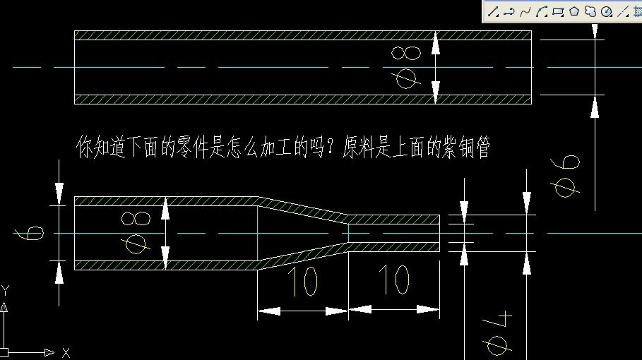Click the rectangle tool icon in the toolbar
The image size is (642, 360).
(558, 11)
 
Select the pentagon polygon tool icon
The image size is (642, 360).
(574, 11)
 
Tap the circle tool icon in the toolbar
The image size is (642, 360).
(607, 11)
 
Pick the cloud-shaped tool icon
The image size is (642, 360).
(590, 11)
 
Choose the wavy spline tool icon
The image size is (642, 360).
(525, 12)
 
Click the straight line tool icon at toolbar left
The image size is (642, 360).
(493, 12)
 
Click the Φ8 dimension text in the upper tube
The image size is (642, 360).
(406, 67)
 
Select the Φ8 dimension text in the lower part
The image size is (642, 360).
(136, 232)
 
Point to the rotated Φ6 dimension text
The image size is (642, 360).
(565, 176)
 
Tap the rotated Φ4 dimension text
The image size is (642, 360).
(499, 333)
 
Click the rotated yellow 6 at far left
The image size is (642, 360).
(29, 233)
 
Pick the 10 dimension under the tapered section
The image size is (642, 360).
(302, 281)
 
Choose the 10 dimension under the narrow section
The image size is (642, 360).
(393, 280)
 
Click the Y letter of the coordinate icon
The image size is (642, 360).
(6, 290)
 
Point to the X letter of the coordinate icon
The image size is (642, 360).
(66, 353)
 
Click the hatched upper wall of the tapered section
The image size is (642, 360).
(303, 209)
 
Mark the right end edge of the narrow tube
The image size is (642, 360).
(439, 233)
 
